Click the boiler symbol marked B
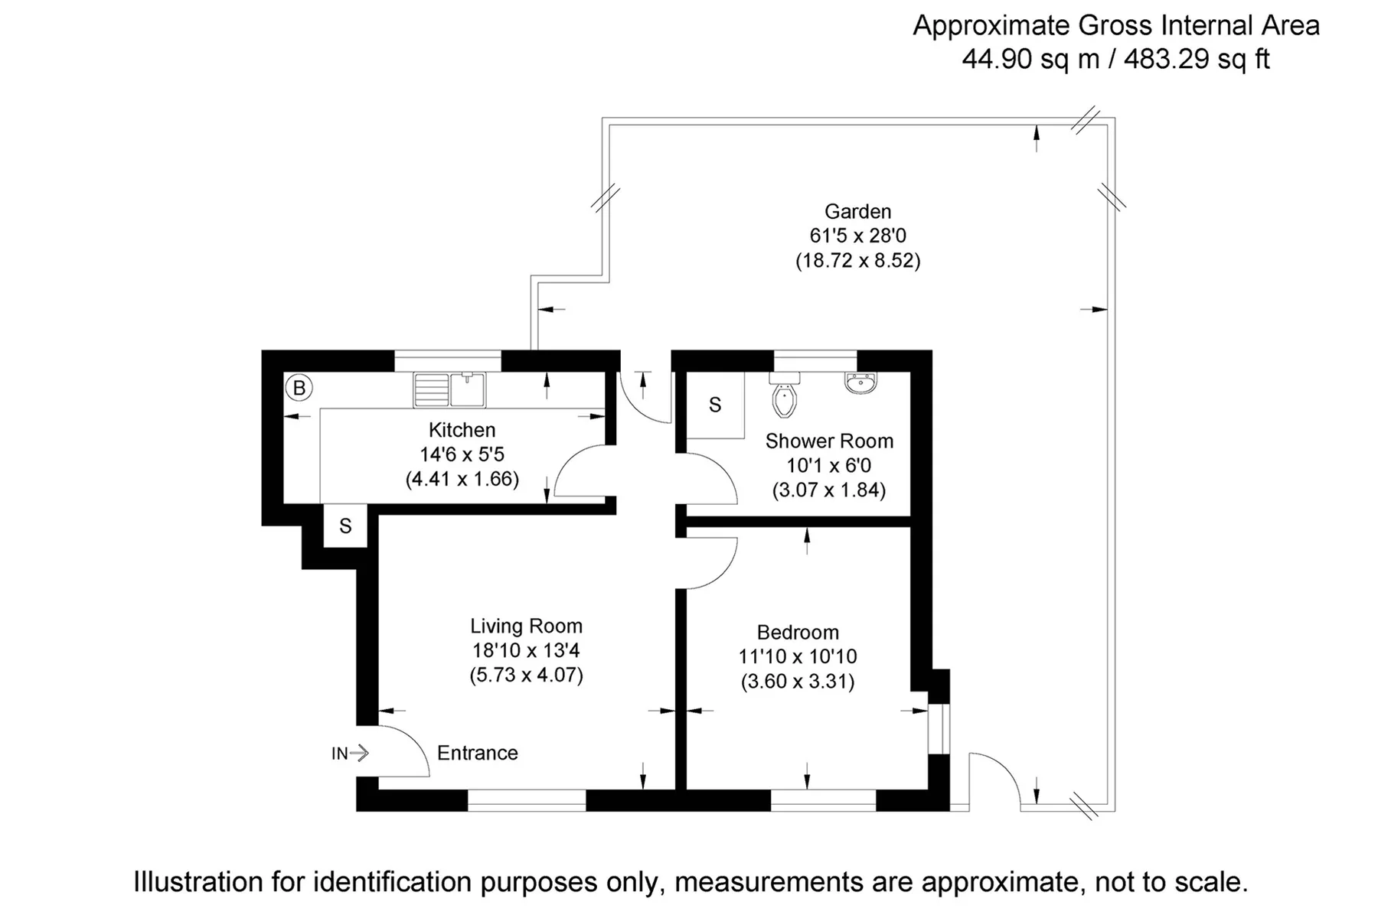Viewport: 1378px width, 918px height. tap(299, 389)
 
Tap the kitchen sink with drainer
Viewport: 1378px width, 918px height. tap(449, 389)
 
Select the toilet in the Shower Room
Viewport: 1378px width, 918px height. tap(785, 395)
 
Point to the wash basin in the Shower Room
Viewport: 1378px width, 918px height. tap(861, 382)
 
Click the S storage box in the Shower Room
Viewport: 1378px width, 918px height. tap(715, 405)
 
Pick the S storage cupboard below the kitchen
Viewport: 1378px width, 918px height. tap(345, 526)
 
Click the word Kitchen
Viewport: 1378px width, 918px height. tap(462, 430)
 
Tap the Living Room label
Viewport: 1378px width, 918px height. tap(527, 626)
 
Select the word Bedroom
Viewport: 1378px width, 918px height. tap(798, 633)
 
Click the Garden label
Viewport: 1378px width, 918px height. tap(857, 211)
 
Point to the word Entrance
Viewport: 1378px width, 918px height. tap(478, 753)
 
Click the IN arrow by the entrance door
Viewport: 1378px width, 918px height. tap(351, 754)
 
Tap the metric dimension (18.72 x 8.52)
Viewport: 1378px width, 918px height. tap(857, 261)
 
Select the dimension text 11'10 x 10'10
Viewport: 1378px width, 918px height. tap(798, 656)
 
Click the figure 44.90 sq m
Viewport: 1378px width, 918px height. tap(1031, 59)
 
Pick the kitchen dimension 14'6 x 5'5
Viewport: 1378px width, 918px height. tap(462, 454)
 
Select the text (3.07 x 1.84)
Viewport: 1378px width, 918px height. tap(829, 490)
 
